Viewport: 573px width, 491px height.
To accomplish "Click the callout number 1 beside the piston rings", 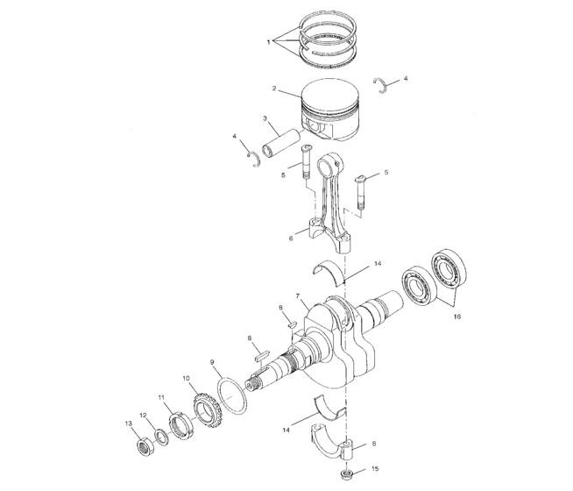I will [269, 40].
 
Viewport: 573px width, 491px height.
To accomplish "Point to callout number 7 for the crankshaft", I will [298, 295].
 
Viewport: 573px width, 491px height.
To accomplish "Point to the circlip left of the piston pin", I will [255, 159].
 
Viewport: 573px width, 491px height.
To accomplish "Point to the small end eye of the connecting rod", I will [329, 165].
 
